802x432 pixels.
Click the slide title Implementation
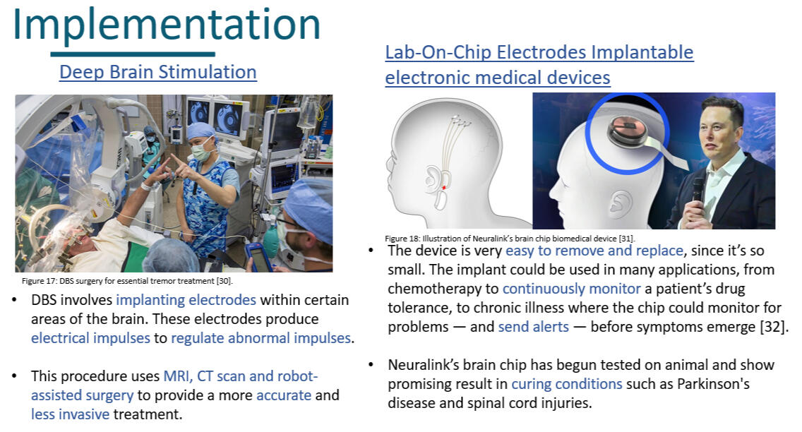click(166, 24)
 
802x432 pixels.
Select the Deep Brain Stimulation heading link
click(158, 72)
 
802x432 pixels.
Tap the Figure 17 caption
click(127, 281)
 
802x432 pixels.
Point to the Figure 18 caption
click(510, 239)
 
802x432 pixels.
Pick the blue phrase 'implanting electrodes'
click(186, 299)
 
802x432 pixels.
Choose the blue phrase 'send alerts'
click(534, 327)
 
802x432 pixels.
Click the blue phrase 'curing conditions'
click(567, 384)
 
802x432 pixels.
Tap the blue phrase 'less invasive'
click(70, 414)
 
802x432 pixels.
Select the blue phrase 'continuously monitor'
click(571, 289)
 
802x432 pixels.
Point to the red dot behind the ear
click(444, 188)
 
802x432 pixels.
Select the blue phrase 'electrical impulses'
click(90, 338)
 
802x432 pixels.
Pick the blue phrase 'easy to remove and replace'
click(594, 251)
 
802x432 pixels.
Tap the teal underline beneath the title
click(133, 54)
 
